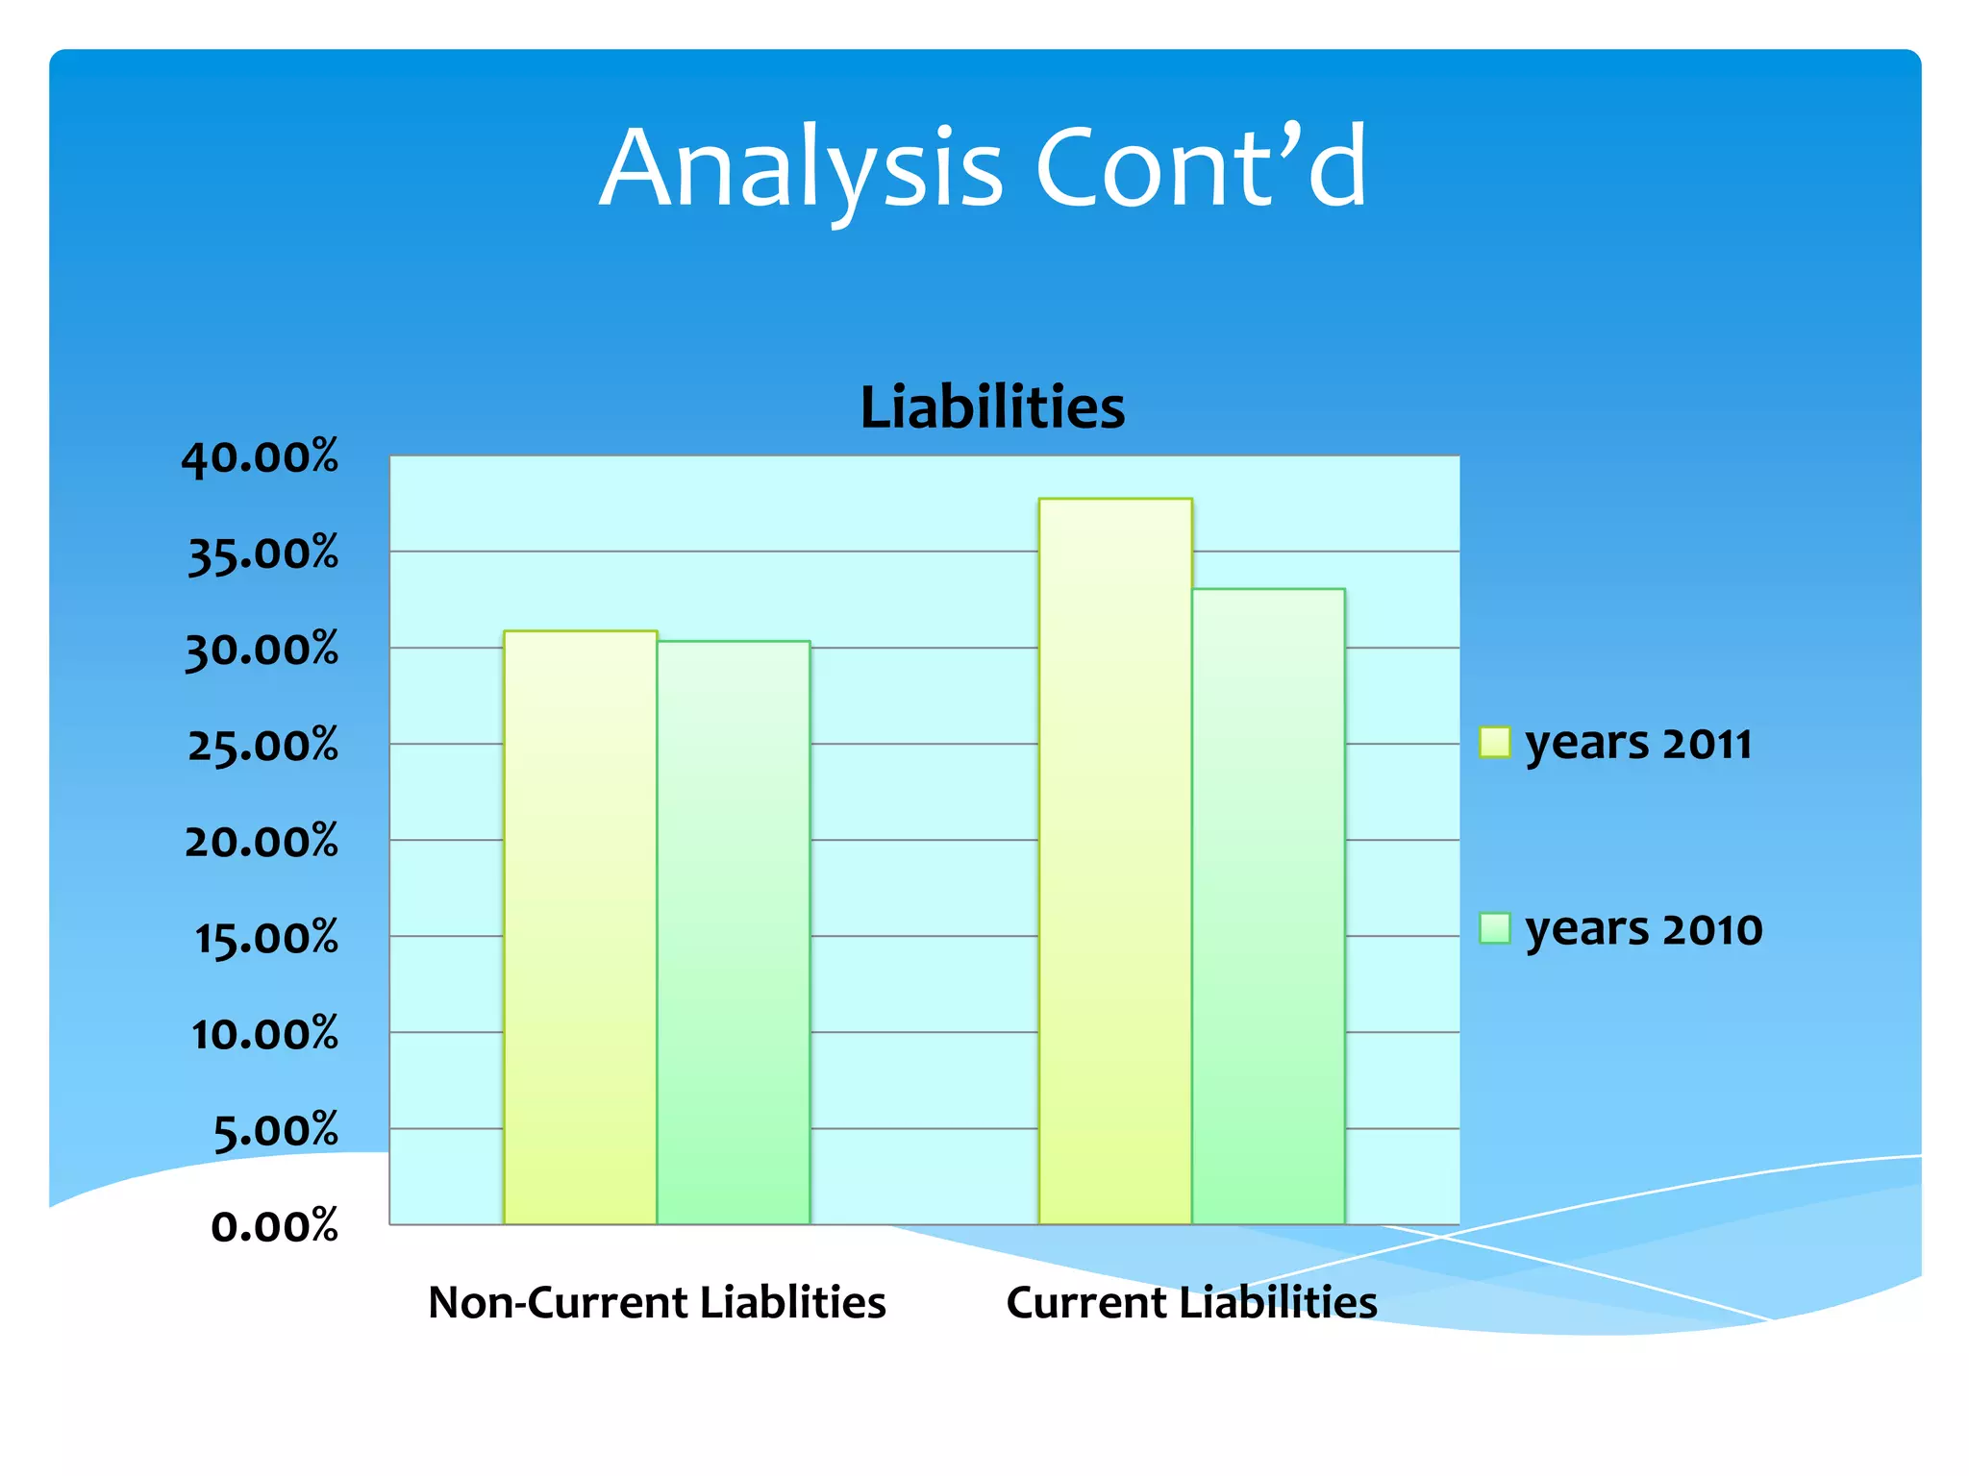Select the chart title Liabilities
pos(992,407)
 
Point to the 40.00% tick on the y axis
pos(260,457)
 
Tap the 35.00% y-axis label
pos(262,554)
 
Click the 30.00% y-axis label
pos(262,651)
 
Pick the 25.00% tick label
pos(262,746)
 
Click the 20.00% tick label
pos(262,842)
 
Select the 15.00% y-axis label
pos(265,938)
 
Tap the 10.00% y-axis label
pos(264,1034)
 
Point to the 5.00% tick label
pos(275,1131)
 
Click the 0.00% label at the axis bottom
pos(274,1227)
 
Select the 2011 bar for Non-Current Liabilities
pos(580,927)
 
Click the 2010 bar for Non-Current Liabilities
pos(734,932)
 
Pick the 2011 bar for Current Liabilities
pos(1115,861)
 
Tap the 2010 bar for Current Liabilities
pos(1268,906)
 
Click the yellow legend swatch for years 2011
pos(1495,743)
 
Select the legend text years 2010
pos(1643,929)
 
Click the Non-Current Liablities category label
pos(657,1303)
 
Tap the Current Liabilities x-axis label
pos(1191,1303)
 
